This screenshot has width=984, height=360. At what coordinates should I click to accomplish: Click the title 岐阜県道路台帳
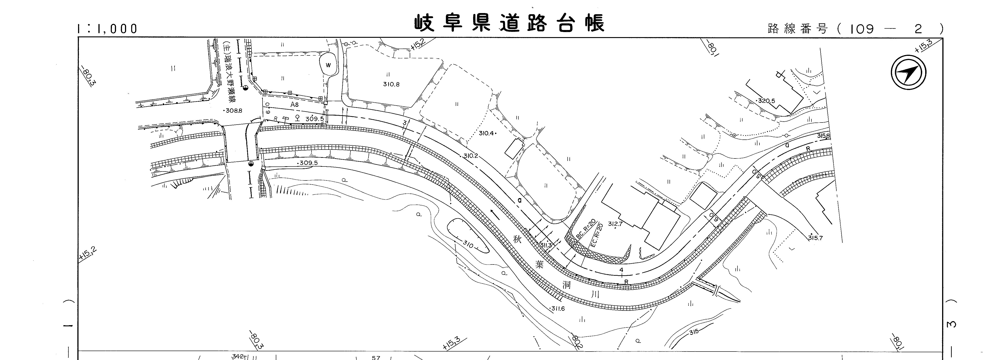[510, 24]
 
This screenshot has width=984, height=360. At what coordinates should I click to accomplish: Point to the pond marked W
[328, 65]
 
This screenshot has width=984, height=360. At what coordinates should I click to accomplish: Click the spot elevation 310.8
[391, 84]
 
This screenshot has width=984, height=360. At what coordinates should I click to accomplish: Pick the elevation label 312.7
[615, 224]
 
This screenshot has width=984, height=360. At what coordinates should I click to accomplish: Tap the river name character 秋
[517, 240]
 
